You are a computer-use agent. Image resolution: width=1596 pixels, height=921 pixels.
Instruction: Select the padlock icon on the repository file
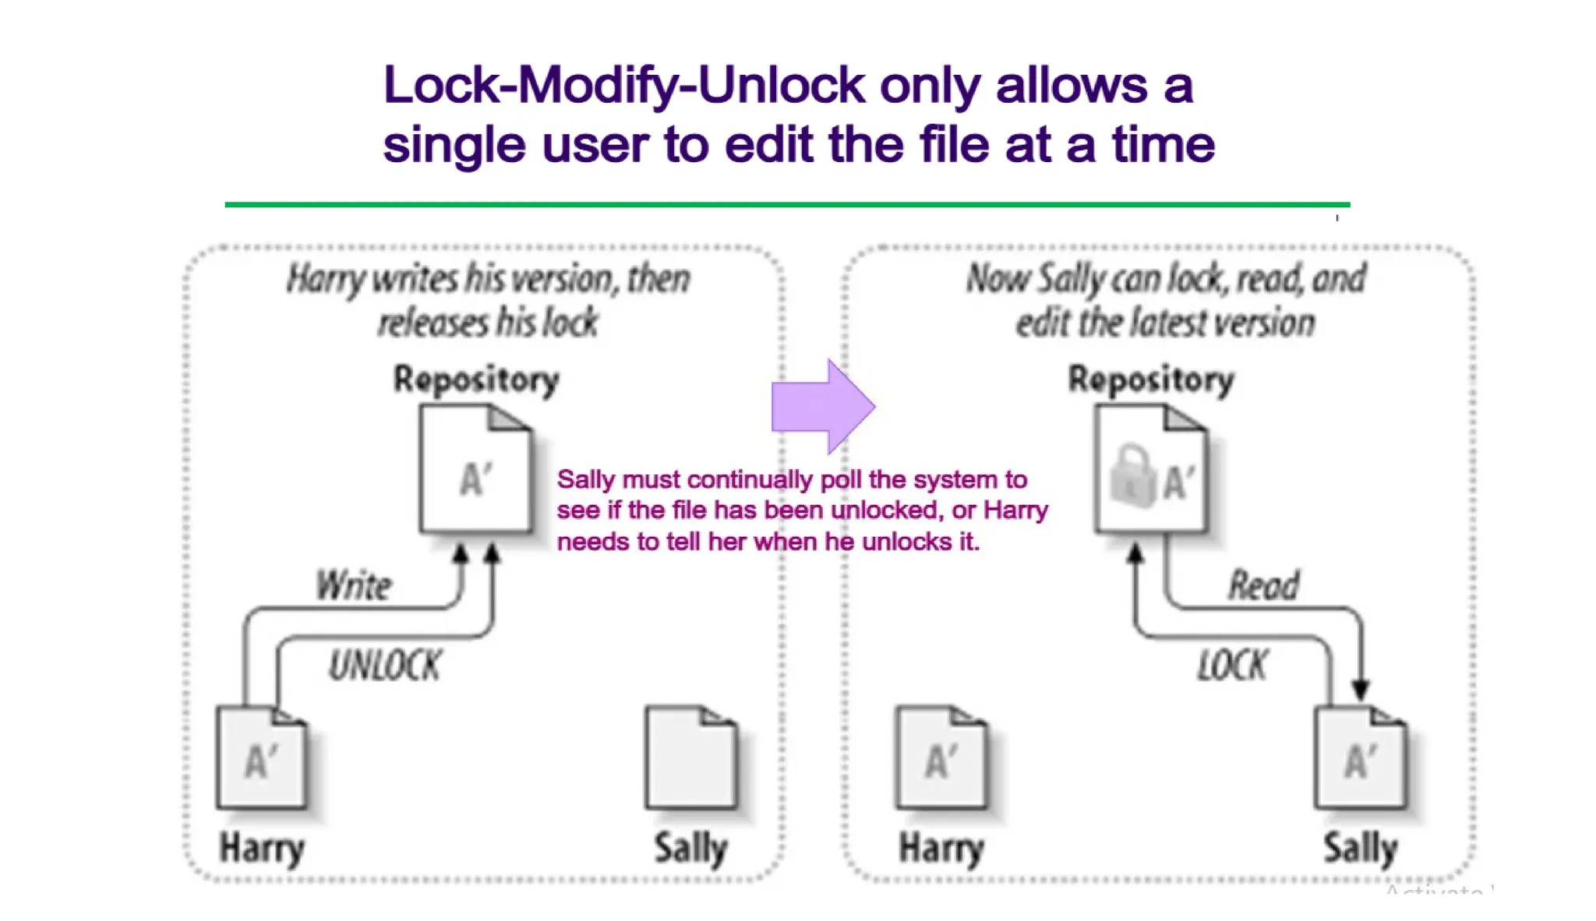click(x=1131, y=476)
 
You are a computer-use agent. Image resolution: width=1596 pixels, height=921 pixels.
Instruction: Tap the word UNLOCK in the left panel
click(x=384, y=666)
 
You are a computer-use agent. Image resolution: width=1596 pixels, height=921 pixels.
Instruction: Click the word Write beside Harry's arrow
click(x=354, y=586)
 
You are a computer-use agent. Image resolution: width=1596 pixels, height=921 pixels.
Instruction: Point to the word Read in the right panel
click(x=1263, y=586)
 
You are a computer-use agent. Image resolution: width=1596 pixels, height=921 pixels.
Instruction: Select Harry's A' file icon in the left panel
click(x=262, y=757)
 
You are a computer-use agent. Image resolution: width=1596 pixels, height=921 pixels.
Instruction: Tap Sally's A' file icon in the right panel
click(x=1360, y=757)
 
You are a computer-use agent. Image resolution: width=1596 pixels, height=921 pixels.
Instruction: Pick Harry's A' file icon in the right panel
click(x=941, y=757)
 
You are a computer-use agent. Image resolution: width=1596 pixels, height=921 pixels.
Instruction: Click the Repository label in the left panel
click(x=476, y=380)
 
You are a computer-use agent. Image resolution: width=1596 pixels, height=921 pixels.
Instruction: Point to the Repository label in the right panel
click(x=1151, y=380)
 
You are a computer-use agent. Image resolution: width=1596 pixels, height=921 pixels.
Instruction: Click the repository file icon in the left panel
click(x=475, y=470)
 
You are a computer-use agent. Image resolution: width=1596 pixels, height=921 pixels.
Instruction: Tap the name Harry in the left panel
click(x=262, y=848)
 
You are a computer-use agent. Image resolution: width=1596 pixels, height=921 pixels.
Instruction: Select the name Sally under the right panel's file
click(x=1360, y=848)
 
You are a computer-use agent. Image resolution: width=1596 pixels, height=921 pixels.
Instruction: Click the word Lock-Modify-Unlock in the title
click(x=623, y=85)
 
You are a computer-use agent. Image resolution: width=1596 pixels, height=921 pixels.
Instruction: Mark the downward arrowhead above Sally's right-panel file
click(x=1361, y=690)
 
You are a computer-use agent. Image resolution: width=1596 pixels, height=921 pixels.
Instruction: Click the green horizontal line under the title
click(x=787, y=205)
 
